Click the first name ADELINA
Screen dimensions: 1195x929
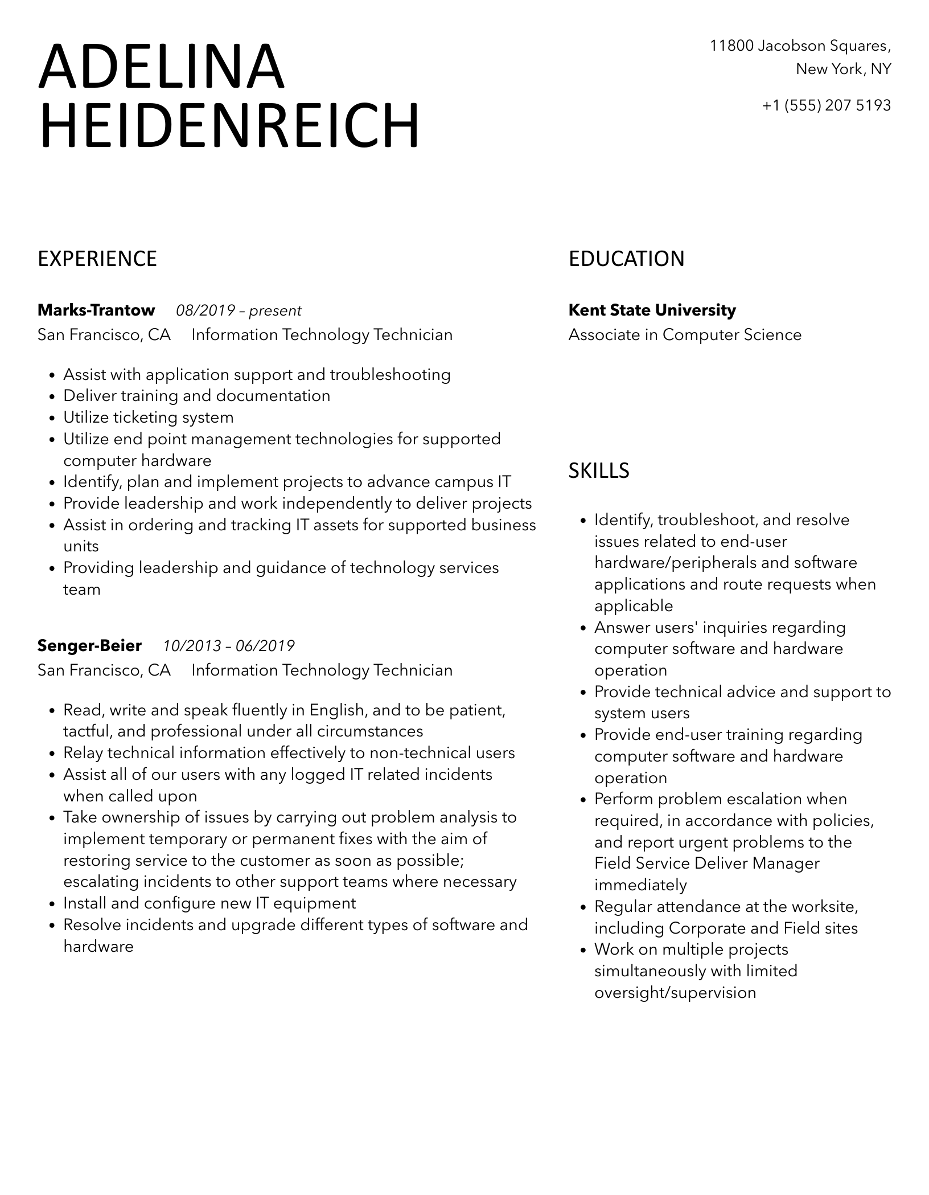pyautogui.click(x=161, y=67)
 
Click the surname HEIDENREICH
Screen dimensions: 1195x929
pyautogui.click(x=229, y=126)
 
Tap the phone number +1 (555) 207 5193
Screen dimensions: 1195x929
pyautogui.click(x=826, y=105)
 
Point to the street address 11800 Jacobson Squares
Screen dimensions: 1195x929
pyautogui.click(x=800, y=46)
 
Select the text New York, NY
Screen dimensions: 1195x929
pyautogui.click(x=843, y=69)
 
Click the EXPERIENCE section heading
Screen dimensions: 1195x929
pyautogui.click(x=97, y=259)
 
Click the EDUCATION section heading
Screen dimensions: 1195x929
pyautogui.click(x=626, y=259)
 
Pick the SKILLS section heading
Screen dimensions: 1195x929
pyautogui.click(x=599, y=471)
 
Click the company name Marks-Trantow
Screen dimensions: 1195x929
pyautogui.click(x=96, y=310)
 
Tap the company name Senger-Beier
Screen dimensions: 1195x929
pyautogui.click(x=89, y=646)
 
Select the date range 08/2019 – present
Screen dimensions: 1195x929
pyautogui.click(x=239, y=311)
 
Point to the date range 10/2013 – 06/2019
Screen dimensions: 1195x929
pyautogui.click(x=229, y=646)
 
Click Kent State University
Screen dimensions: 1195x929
pyautogui.click(x=652, y=310)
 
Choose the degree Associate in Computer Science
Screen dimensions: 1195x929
pyautogui.click(x=685, y=335)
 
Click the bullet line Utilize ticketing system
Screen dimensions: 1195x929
pyautogui.click(x=149, y=418)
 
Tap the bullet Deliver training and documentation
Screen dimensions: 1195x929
pyautogui.click(x=197, y=396)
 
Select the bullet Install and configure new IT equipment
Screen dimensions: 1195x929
pyautogui.click(x=209, y=903)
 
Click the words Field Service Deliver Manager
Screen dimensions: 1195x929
pyautogui.click(x=707, y=863)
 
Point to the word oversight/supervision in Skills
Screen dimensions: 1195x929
pyautogui.click(x=675, y=993)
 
